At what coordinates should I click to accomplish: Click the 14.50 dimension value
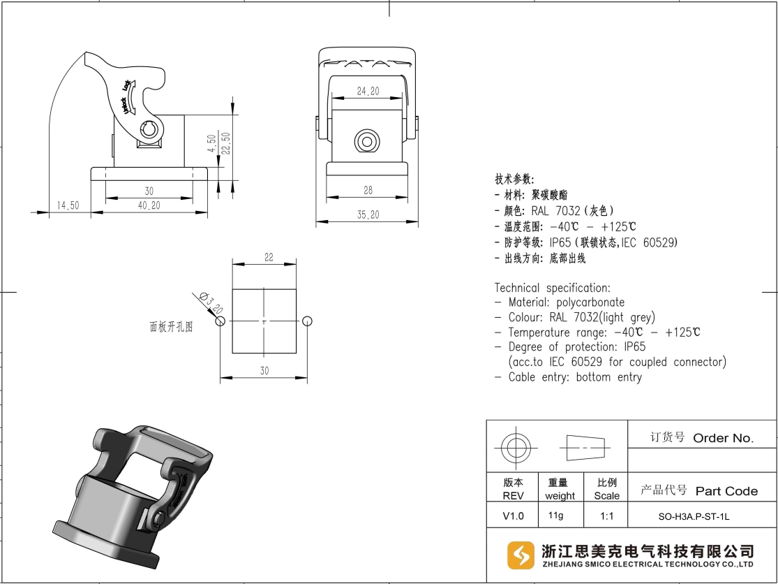pos(68,205)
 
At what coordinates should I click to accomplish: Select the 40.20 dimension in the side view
pos(149,205)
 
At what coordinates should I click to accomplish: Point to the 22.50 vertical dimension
pos(226,143)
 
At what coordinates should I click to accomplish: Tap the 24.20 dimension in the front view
pos(368,91)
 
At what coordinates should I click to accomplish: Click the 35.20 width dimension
pos(368,214)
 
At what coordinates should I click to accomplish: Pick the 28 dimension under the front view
pos(368,190)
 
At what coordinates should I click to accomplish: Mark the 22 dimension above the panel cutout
pos(269,257)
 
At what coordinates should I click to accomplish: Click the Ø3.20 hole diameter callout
pos(211,302)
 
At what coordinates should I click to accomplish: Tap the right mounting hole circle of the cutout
pos(308,321)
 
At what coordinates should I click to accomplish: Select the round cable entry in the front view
pos(367,142)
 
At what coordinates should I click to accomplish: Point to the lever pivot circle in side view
pos(149,130)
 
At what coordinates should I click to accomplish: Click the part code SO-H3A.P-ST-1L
pos(694,516)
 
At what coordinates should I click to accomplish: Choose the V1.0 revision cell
pos(513,516)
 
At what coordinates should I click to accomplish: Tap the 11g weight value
pos(555,516)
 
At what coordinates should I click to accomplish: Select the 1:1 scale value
pos(607,516)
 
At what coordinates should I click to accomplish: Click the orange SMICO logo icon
pos(521,555)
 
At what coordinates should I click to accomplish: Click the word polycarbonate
pos(590,302)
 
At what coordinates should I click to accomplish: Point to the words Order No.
pos(723,438)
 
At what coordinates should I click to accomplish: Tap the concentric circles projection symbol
pos(516,448)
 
